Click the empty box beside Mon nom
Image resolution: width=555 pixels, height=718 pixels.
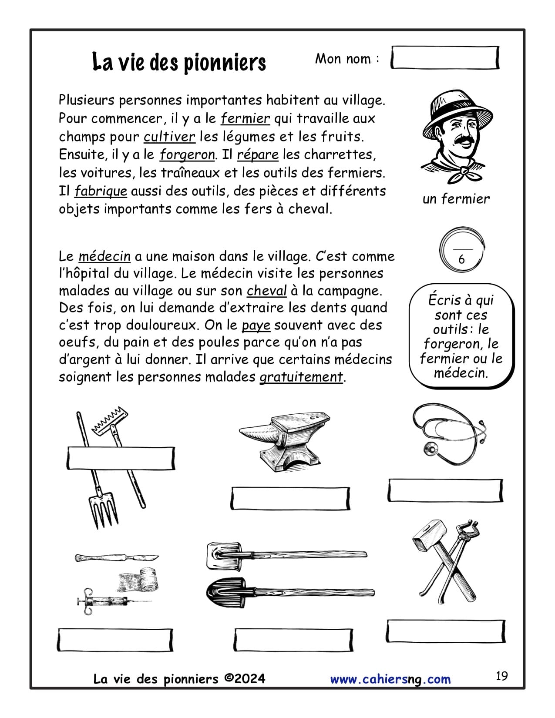(x=444, y=58)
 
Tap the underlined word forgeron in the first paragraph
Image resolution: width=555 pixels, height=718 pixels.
(x=187, y=155)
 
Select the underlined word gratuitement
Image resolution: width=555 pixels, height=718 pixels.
(x=301, y=377)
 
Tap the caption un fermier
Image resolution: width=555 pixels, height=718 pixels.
(x=456, y=199)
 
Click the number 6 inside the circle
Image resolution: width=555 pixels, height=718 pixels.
(x=461, y=259)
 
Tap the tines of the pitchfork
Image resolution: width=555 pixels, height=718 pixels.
(x=104, y=509)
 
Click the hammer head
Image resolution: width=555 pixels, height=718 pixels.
(x=430, y=535)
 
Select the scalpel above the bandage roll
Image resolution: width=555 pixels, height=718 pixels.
(x=117, y=558)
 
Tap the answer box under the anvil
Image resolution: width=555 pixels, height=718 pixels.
(x=290, y=498)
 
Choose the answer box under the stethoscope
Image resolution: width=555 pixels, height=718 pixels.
(x=445, y=490)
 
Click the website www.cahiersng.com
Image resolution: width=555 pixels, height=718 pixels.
(x=390, y=679)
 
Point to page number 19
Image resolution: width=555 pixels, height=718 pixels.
(x=501, y=676)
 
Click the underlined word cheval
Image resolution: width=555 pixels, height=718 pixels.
(x=266, y=291)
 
